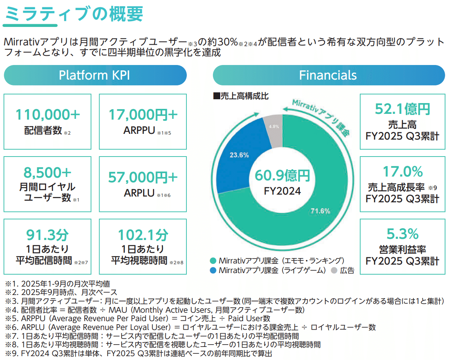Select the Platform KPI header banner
(x=95, y=75)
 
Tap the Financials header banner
(x=328, y=75)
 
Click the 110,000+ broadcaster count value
(x=48, y=114)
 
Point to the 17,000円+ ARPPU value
(x=143, y=114)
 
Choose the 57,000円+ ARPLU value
(x=143, y=177)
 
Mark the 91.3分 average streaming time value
(x=48, y=234)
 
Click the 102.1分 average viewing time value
(x=143, y=234)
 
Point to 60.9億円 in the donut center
(x=282, y=176)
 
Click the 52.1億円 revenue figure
(x=402, y=109)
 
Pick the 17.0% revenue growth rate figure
(x=402, y=172)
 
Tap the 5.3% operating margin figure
(x=402, y=234)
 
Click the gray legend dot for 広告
(x=334, y=270)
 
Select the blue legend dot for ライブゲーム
(x=213, y=270)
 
